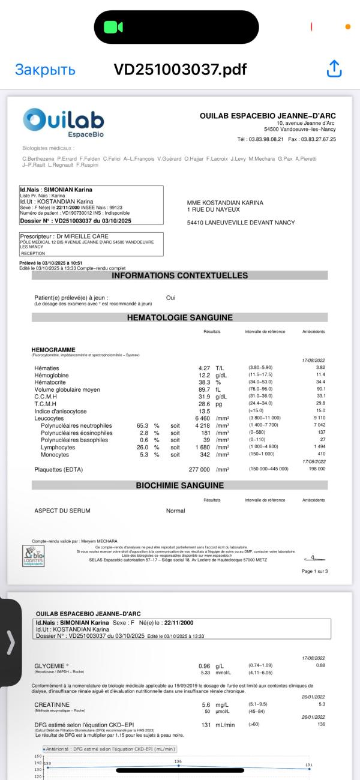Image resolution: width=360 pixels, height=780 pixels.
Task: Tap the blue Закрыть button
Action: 45,70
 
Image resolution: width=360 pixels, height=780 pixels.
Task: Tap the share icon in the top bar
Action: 334,69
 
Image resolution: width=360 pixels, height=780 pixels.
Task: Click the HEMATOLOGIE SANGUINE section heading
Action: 179,317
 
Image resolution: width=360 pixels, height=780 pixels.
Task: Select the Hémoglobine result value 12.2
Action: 205,375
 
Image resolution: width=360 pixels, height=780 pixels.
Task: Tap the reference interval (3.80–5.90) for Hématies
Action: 261,367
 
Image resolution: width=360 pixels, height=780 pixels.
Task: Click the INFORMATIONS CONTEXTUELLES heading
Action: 179,275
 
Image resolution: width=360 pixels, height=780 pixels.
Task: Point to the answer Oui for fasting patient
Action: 171,298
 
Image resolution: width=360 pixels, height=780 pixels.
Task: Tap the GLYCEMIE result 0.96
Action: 205,666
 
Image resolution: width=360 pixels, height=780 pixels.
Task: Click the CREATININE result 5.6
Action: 205,705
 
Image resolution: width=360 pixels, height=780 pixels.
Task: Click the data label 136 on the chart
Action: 178,761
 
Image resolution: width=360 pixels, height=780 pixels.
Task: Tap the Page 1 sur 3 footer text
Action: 315,571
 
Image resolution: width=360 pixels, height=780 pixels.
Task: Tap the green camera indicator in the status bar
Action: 113,27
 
